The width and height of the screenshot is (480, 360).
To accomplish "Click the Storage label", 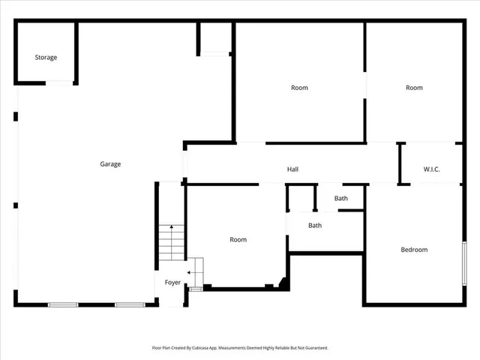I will point(46,57).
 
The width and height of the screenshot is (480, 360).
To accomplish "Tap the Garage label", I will point(110,164).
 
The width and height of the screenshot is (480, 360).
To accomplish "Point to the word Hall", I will point(292,169).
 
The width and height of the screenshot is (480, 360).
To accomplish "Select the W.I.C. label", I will point(431,169).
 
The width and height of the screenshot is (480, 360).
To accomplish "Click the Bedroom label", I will point(414,250).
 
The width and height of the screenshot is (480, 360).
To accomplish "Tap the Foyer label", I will point(173,283).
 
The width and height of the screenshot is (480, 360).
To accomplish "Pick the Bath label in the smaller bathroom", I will point(341,199).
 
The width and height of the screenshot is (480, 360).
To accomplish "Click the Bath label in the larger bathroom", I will point(315,225).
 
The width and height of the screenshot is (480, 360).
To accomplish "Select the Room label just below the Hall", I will point(238,240).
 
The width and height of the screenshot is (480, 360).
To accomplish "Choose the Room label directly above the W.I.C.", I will point(414,88).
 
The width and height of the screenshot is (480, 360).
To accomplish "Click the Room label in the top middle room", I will point(299,88).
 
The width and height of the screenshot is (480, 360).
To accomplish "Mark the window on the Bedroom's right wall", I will point(464,262).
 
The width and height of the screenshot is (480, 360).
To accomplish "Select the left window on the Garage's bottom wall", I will point(63,304).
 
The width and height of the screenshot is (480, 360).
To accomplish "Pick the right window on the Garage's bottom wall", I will point(130,304).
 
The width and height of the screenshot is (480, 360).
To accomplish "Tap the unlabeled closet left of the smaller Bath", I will point(301,198).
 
